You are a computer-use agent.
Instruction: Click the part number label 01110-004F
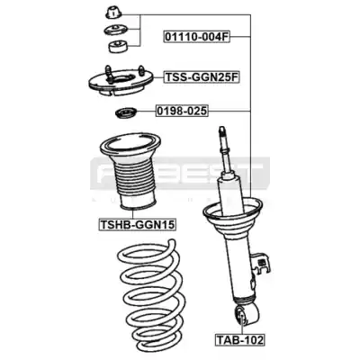[x=197, y=37]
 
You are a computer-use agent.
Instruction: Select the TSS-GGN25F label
[x=202, y=77]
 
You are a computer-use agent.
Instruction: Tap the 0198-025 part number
[x=182, y=111]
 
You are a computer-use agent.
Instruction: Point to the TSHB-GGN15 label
[x=138, y=224]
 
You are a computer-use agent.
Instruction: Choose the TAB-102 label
[x=239, y=340]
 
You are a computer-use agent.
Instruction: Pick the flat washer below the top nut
[x=115, y=30]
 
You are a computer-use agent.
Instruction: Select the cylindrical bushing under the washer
[x=118, y=47]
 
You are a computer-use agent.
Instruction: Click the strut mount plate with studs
[x=121, y=83]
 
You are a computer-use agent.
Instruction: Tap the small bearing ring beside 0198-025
[x=126, y=113]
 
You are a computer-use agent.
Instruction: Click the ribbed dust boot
[x=130, y=173]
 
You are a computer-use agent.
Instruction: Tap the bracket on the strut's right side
[x=262, y=263]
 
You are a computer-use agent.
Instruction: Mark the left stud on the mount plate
[x=109, y=75]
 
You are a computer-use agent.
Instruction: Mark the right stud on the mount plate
[x=141, y=69]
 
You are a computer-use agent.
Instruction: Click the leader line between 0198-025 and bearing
[x=147, y=111]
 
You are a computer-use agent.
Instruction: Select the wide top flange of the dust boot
[x=130, y=146]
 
